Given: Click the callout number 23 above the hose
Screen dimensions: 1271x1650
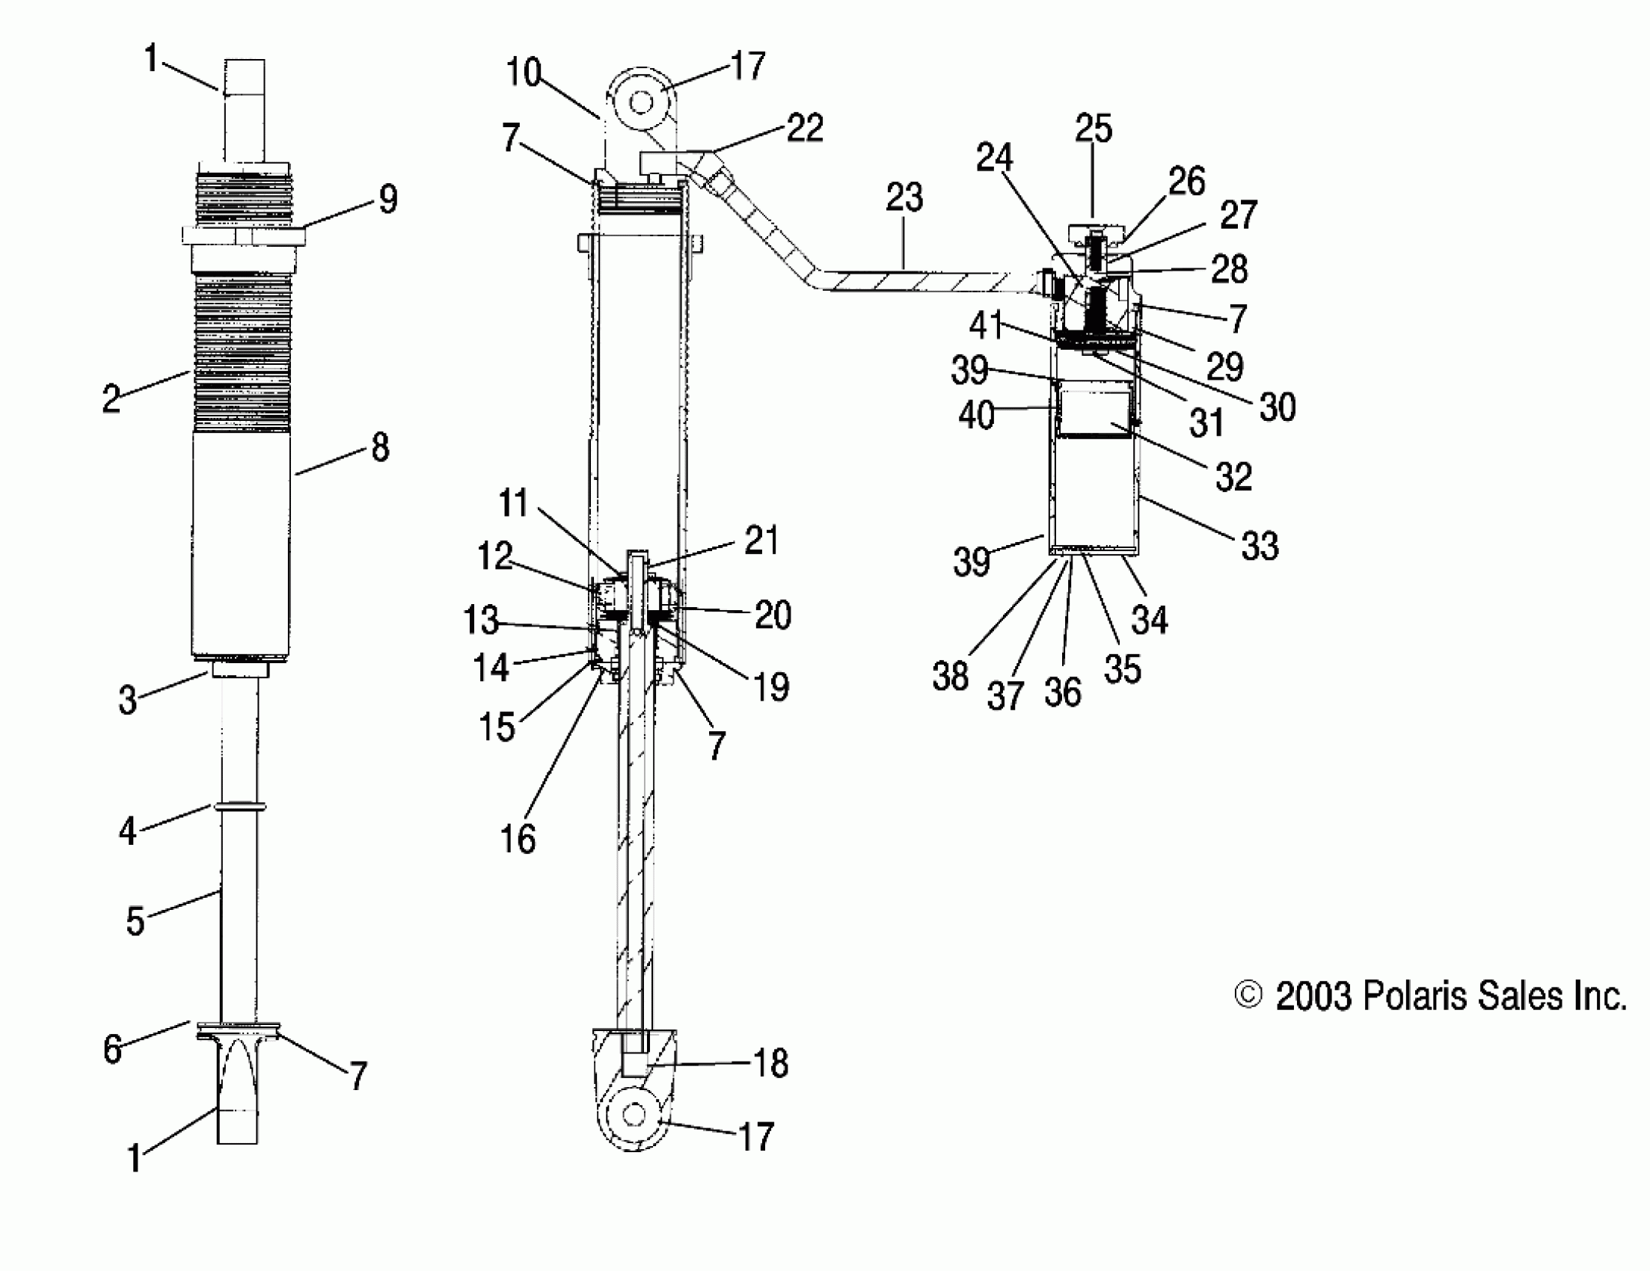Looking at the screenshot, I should click(904, 198).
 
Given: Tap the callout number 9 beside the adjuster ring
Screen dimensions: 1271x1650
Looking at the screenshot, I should click(387, 200).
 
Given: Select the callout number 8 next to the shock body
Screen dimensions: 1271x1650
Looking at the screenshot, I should click(380, 447).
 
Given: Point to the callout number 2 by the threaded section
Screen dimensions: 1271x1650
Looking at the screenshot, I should click(111, 398).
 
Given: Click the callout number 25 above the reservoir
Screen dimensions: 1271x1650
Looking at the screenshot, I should click(1094, 129).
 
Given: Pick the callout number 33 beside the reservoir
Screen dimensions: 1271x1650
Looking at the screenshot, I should click(1260, 545).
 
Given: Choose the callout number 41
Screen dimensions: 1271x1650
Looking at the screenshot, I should click(986, 326).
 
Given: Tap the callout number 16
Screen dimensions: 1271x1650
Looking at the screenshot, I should click(518, 839).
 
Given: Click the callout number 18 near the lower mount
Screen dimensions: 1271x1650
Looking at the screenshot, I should click(771, 1063).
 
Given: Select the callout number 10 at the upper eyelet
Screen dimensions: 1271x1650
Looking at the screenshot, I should click(524, 73).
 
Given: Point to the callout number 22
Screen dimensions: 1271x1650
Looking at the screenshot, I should click(805, 128).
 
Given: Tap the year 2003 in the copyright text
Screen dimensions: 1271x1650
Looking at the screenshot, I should click(1313, 996).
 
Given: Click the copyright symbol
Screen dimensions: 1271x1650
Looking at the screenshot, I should click(1248, 995).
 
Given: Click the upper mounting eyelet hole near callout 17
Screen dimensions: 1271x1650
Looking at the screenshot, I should click(641, 102).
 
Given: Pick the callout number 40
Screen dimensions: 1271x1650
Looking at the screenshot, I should click(975, 416).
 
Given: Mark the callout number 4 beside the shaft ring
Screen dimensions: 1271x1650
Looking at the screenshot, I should click(127, 831).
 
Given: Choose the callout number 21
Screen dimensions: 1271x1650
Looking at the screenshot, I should click(761, 541).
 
